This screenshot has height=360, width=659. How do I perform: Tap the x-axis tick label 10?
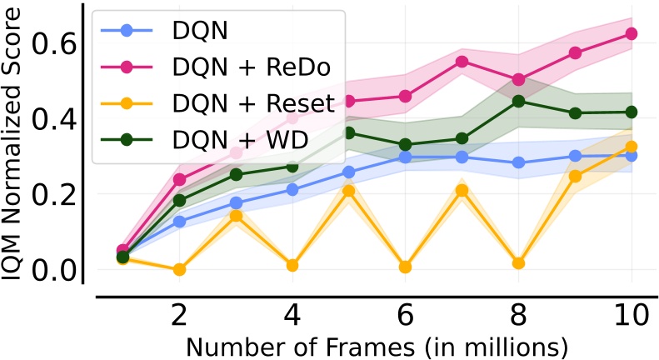tap(630, 317)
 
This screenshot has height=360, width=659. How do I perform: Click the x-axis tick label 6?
tap(405, 317)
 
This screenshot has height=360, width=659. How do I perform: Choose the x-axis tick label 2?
tap(179, 317)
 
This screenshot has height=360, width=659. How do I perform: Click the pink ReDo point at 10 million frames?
tap(631, 33)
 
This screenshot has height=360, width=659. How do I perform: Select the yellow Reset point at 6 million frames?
tap(405, 267)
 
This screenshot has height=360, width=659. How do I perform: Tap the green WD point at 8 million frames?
tap(518, 101)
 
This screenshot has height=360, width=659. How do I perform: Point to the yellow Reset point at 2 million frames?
tap(179, 269)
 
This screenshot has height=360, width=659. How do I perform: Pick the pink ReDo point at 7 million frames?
tap(462, 61)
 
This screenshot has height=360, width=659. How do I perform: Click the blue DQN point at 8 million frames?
tap(518, 162)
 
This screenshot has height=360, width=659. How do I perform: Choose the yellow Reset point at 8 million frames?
tap(518, 263)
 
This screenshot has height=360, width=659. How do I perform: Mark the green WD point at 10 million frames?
tap(631, 112)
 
